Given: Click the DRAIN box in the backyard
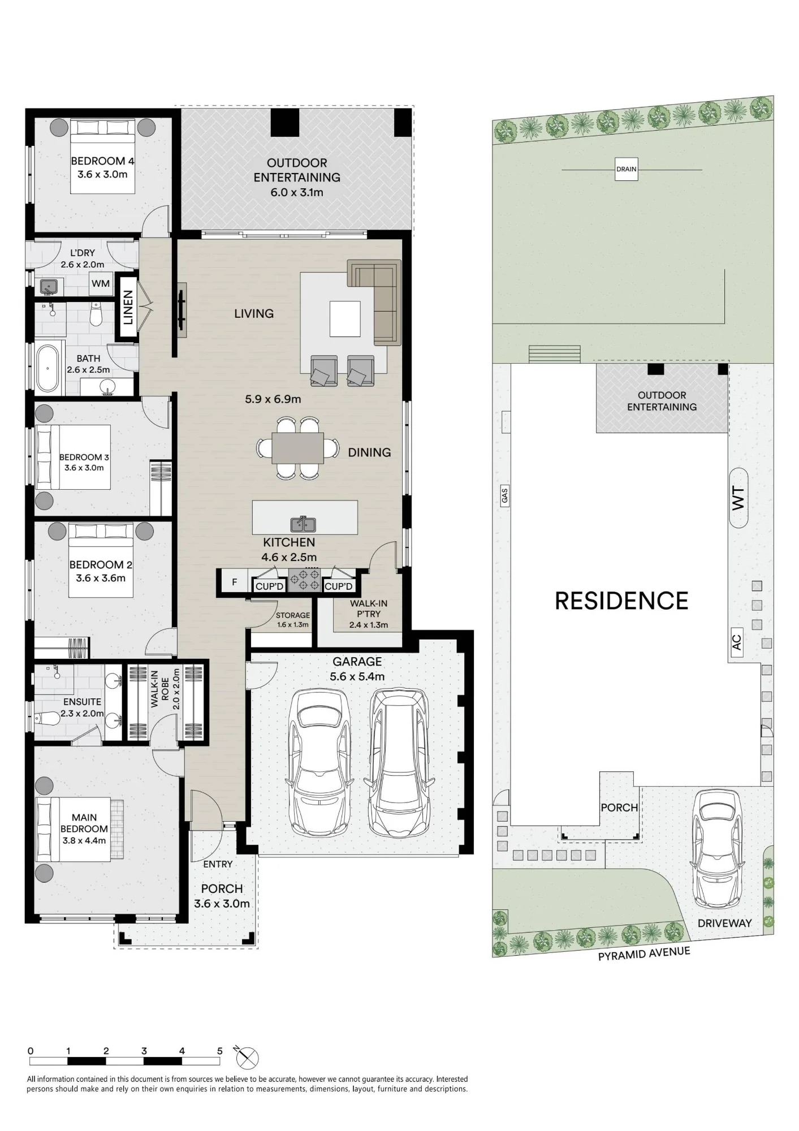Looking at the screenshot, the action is click(x=626, y=169).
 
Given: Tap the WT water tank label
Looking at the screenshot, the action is click(x=738, y=498).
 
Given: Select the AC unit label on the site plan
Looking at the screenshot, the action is click(x=736, y=642).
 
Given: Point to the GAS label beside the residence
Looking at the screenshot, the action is click(x=505, y=496).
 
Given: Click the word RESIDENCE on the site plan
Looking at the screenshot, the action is click(x=621, y=601).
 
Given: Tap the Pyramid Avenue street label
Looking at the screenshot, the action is click(x=645, y=953).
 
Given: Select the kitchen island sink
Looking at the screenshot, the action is click(x=303, y=524).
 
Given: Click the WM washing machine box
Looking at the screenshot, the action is click(x=101, y=283).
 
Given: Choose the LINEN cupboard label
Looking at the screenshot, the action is click(x=128, y=307).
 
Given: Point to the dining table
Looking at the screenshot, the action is click(x=298, y=448).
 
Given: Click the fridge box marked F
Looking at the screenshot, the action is click(x=235, y=581).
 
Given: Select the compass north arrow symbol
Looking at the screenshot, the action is click(x=247, y=1056).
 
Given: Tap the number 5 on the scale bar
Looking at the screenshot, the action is click(x=220, y=1051).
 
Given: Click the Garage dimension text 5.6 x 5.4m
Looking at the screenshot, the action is click(x=357, y=676).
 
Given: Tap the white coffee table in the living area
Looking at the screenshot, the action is click(x=345, y=320).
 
